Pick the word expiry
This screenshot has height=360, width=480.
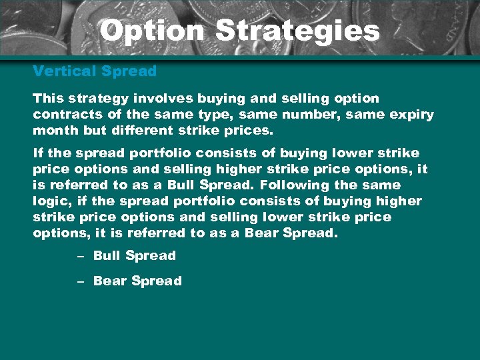[412, 115]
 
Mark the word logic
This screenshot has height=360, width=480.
[52, 201]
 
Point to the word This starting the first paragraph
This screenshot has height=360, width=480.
[47, 98]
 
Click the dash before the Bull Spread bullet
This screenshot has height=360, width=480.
[80, 256]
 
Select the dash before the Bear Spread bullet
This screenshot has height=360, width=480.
[80, 281]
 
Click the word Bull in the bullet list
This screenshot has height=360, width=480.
[106, 255]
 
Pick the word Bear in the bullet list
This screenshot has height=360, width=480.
[109, 281]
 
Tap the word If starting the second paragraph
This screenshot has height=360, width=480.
[38, 153]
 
